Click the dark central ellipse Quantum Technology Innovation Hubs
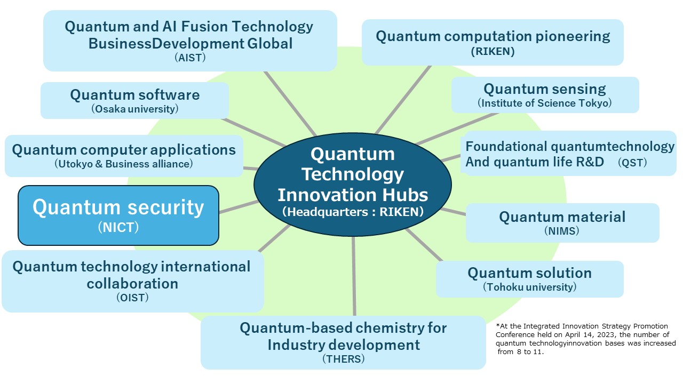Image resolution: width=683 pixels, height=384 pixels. (x=353, y=185)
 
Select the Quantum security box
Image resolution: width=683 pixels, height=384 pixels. (x=118, y=215)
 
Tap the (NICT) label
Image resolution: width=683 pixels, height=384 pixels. (x=118, y=227)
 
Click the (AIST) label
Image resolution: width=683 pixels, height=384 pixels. (x=190, y=58)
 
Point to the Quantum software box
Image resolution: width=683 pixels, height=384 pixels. (x=134, y=100)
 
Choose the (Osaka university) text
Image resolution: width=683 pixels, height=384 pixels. (x=135, y=109)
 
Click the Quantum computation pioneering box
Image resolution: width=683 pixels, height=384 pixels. (x=493, y=42)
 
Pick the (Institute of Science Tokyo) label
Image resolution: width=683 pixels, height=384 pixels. (x=545, y=103)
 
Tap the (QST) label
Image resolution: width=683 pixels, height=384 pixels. (x=632, y=163)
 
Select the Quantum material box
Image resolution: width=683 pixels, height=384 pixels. (x=562, y=223)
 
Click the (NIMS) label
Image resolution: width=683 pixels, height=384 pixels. (x=562, y=231)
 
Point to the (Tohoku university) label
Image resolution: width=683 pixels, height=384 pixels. (x=530, y=287)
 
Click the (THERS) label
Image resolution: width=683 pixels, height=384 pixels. (x=343, y=359)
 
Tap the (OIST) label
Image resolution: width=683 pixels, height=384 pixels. (x=132, y=298)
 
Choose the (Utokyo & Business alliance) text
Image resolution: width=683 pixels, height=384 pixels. (x=123, y=164)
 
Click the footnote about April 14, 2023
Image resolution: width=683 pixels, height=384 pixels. (x=585, y=339)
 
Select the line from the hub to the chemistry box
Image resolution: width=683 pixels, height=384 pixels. (x=354, y=276)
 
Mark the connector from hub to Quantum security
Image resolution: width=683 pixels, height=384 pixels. (x=239, y=206)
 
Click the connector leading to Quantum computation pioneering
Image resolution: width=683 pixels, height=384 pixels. (x=403, y=100)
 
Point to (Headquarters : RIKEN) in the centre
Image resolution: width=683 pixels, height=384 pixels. (x=353, y=212)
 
